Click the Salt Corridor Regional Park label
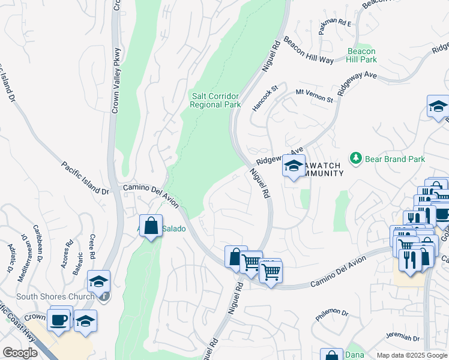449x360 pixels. coord(215,100)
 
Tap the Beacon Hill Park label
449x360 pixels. coord(362,56)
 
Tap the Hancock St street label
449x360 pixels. coord(265,97)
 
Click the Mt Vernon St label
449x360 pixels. coord(314,95)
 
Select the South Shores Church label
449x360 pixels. coord(55,296)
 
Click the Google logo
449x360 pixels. coord(20,353)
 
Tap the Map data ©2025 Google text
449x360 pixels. coord(412,355)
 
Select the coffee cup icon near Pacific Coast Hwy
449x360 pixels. coord(59,319)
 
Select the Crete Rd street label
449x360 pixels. coord(92,247)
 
